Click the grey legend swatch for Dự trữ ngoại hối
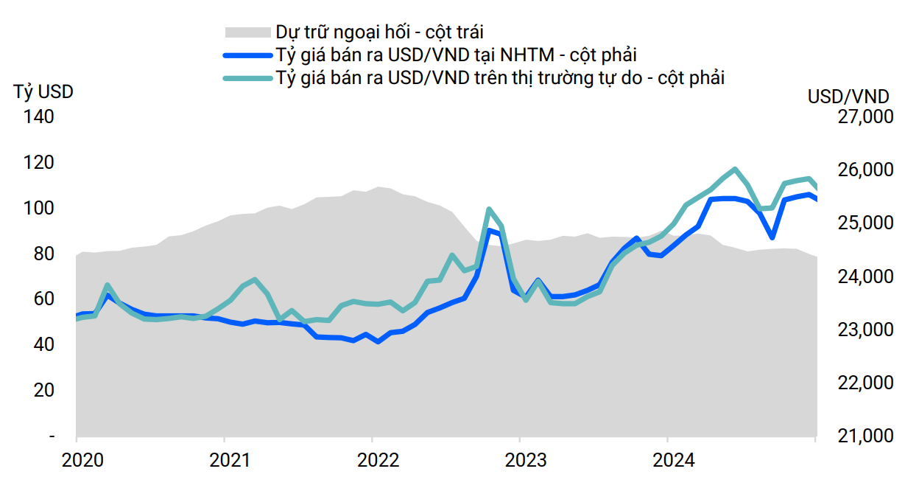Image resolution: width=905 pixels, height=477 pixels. coord(247,32)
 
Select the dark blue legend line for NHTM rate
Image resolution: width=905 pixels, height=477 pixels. coord(247,55)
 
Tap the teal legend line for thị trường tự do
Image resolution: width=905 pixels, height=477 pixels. coord(247,77)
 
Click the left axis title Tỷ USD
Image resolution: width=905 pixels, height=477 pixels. coord(43,93)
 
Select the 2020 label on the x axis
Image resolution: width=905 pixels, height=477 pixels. coord(83,460)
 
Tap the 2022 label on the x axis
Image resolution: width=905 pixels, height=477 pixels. coord(378,460)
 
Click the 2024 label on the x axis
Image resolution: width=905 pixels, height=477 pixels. coord(673,460)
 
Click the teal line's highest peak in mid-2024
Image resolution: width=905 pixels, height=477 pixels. coord(735,169)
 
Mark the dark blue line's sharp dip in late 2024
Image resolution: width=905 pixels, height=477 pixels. coord(772,237)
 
